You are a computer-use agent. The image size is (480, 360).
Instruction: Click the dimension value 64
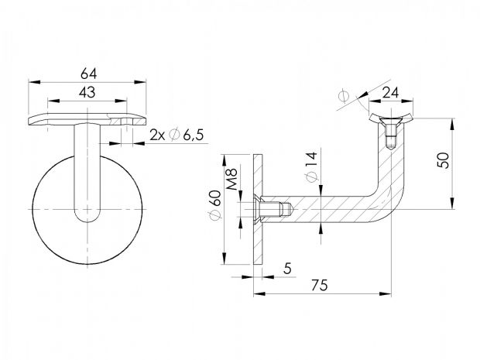point(89,74)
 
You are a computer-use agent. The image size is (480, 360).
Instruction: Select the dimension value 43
point(87,92)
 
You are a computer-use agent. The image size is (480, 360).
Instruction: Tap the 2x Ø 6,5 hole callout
point(177,135)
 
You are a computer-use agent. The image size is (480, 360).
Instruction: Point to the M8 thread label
point(232,179)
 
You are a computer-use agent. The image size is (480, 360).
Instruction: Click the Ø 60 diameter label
point(215,205)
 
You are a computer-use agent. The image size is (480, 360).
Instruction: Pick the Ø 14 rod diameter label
point(312,167)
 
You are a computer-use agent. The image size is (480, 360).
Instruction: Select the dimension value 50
point(444,160)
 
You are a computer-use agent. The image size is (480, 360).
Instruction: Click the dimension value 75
point(320,286)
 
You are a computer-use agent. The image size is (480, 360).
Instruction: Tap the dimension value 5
point(287,269)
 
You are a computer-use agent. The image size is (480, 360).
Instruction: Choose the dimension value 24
point(391,92)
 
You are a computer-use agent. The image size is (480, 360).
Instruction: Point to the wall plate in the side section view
point(258,209)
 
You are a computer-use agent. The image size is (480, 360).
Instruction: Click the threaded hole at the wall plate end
point(274,209)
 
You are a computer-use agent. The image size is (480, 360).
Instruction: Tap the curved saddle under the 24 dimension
point(391,118)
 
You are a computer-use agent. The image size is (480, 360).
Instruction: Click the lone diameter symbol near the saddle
point(344,96)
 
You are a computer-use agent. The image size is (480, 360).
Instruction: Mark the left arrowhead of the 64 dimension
point(34,82)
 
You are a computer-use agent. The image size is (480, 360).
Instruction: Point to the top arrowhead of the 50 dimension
point(452,125)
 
